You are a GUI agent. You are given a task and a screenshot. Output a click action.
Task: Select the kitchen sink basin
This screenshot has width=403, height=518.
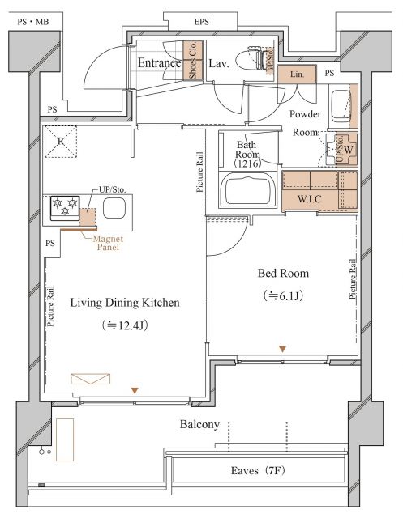114,209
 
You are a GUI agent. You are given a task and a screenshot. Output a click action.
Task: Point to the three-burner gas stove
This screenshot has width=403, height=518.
65,208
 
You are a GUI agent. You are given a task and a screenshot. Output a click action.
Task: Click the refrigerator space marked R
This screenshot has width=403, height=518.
61,142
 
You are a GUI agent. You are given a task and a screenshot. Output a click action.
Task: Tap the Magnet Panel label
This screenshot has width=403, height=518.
108,243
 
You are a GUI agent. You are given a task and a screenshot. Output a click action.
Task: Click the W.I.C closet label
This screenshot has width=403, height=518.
310,199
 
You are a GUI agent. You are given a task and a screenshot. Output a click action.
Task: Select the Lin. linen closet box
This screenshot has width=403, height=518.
297,74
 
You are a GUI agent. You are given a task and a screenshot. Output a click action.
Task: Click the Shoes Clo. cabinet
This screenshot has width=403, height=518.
193,61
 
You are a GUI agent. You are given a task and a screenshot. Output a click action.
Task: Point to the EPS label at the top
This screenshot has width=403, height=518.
201,22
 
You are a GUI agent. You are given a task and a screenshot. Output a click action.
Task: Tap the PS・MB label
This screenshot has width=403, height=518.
33,22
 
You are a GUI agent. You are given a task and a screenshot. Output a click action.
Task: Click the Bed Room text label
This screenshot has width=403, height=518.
283,274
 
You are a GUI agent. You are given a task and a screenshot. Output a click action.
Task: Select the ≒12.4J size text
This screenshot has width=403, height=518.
125,325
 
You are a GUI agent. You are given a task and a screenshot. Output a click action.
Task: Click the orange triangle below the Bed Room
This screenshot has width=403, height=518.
282,349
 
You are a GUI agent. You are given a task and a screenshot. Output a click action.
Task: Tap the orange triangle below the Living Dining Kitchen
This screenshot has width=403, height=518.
135,390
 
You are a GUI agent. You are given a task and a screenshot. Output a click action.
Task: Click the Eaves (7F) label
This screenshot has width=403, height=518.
258,470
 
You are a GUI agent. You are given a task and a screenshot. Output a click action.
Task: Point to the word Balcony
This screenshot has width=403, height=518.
199,424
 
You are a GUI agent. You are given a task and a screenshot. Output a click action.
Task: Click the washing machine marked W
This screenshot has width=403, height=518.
342,149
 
